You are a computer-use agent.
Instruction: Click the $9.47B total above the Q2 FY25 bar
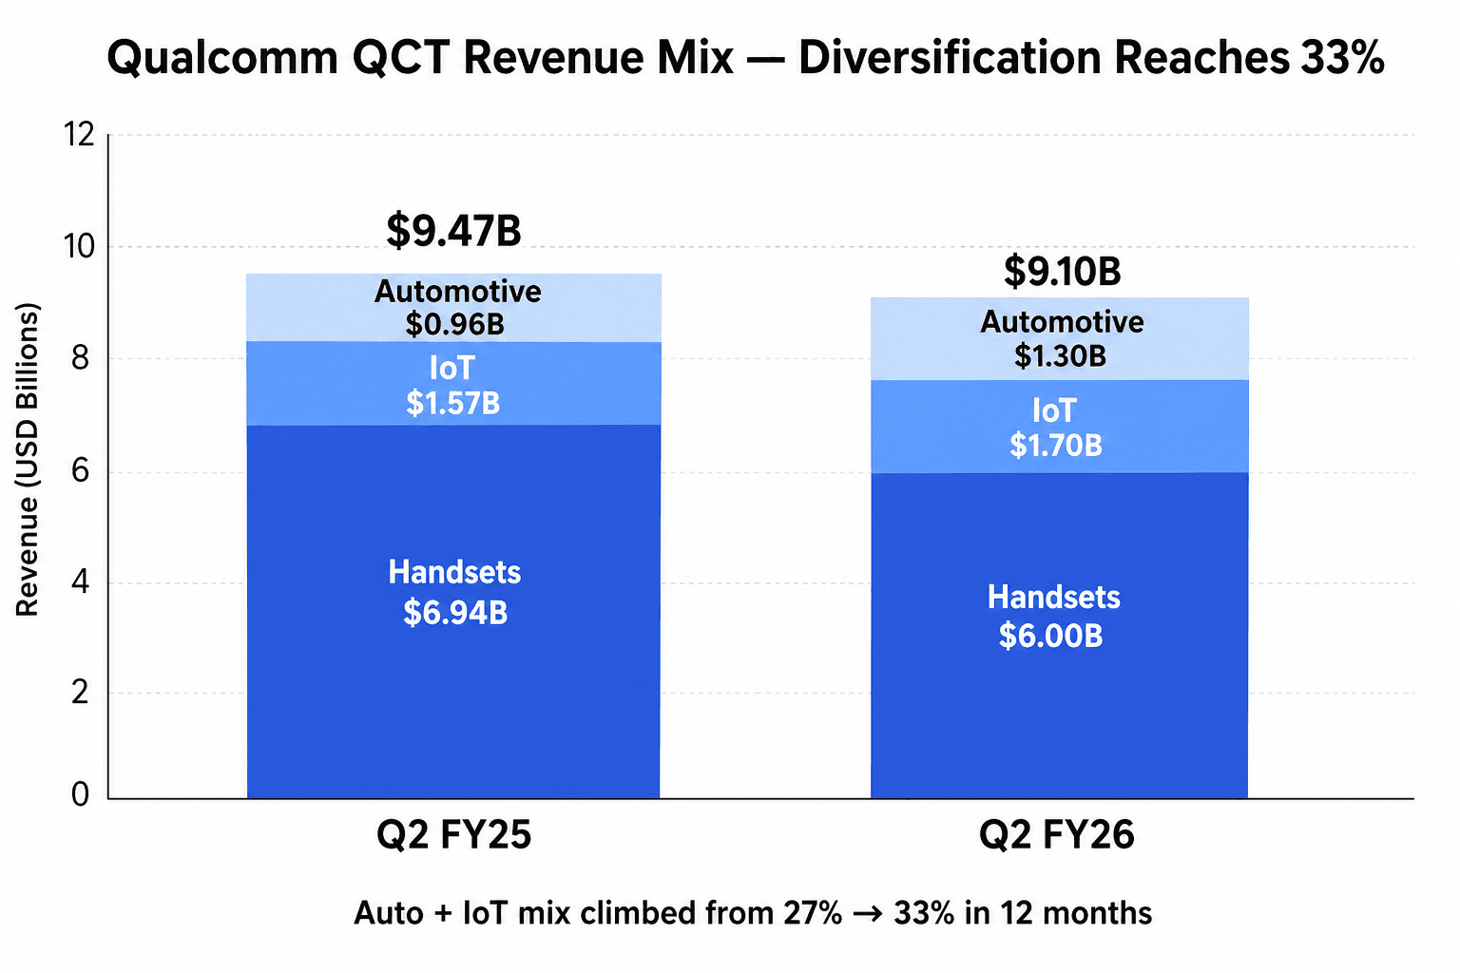coord(453,231)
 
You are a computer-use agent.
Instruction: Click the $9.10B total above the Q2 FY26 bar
coord(1062,272)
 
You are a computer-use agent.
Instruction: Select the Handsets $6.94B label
coord(454,593)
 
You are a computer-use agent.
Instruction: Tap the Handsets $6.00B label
coord(1053,617)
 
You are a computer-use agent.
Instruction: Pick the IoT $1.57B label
coord(452,386)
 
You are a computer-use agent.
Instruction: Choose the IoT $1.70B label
coord(1055,428)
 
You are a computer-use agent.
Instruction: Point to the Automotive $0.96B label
coord(456,308)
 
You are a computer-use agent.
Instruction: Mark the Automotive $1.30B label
coord(1062,338)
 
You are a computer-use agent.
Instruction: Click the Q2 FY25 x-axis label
coord(453,835)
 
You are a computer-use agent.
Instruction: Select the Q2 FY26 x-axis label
coord(1056,835)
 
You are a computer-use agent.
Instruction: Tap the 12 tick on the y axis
coord(80,135)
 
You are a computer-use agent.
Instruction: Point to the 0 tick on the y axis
coord(81,794)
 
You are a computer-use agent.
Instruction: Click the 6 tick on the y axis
coord(82,470)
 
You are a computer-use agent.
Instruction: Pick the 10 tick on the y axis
coord(80,247)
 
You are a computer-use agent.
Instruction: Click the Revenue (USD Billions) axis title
coord(28,460)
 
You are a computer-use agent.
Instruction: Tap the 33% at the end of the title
coord(1341,58)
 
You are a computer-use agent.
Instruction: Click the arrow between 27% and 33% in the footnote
coord(867,913)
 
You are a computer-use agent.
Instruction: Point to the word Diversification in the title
coord(951,58)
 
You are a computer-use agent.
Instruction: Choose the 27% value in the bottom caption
coord(813,913)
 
